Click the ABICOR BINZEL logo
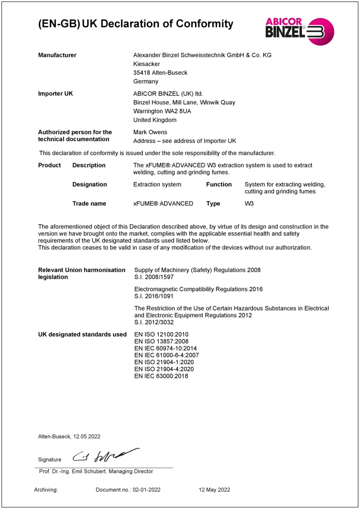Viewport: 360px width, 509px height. point(300,31)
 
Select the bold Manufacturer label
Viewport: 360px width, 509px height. point(57,55)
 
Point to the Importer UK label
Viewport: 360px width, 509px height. point(55,94)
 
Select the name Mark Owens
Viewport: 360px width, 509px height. point(150,132)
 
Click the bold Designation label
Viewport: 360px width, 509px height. point(90,185)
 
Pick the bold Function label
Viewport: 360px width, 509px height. point(219,185)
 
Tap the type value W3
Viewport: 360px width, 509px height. point(249,204)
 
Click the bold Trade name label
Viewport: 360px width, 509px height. point(89,204)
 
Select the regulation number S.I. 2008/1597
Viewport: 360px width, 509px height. point(154,277)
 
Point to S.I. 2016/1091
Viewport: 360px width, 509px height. point(154,297)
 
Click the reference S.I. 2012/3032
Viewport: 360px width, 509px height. point(154,323)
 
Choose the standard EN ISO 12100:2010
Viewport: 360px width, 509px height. point(161,335)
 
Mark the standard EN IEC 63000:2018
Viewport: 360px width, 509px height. point(161,376)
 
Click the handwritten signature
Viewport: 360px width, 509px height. point(106,455)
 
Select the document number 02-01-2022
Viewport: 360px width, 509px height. point(146,490)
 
